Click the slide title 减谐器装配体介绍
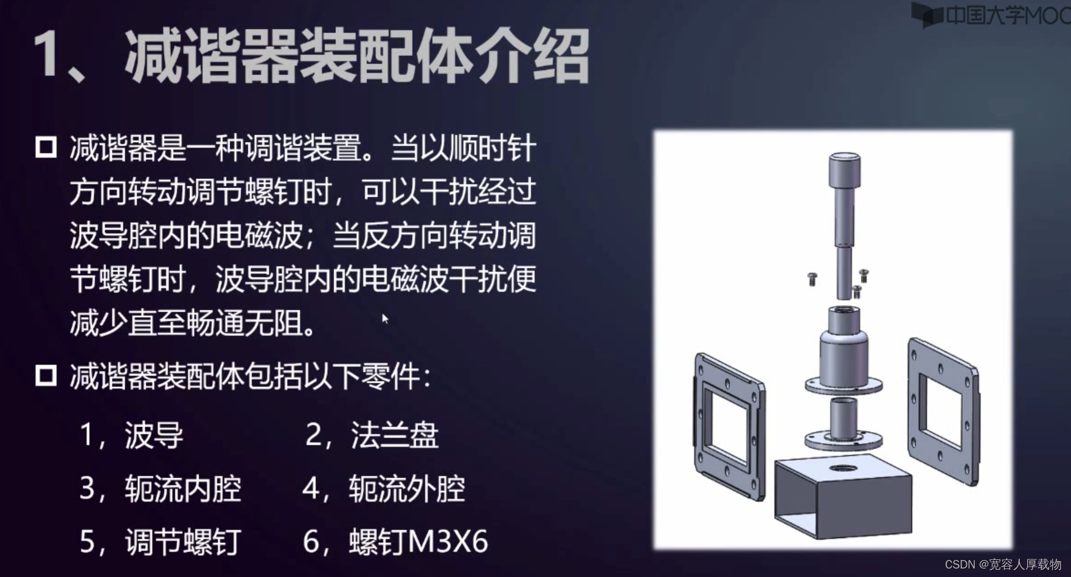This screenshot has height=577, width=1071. coord(357,57)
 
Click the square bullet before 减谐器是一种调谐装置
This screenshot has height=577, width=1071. coord(46,147)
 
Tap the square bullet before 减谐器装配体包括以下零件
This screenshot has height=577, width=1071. coord(46,375)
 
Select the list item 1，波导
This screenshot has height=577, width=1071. coord(131,435)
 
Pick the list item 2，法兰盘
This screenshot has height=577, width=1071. coord(372,435)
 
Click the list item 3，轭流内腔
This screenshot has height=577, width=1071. coord(161,489)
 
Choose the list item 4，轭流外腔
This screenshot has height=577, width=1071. coord(384,489)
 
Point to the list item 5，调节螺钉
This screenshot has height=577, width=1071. coord(161,542)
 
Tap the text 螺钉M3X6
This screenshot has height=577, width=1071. coord(418,542)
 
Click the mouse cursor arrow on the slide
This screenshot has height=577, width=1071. coord(385,319)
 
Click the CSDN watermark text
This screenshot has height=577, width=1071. coord(1003,564)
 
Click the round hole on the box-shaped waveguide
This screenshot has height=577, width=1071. coord(842,468)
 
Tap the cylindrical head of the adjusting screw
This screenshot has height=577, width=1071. coord(844,170)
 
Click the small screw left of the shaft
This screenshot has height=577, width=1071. coord(812,278)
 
